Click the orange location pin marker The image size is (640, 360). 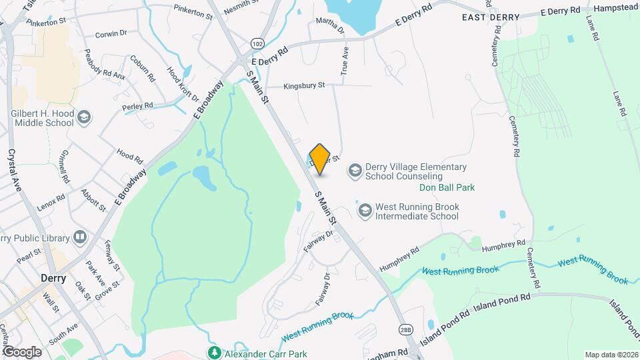(x=320, y=159)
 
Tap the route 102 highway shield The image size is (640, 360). (x=256, y=43)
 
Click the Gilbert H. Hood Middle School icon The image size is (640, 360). (x=84, y=119)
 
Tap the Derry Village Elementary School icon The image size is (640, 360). (x=355, y=171)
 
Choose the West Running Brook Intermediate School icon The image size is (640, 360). (x=365, y=211)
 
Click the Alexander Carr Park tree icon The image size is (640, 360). (x=214, y=352)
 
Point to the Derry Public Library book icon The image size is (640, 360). (x=80, y=238)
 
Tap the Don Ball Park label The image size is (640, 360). (x=447, y=188)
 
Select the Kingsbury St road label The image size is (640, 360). (x=303, y=85)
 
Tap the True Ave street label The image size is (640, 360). (x=345, y=60)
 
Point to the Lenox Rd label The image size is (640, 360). (x=51, y=202)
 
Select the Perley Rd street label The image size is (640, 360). (x=138, y=106)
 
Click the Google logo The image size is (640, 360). (x=22, y=351)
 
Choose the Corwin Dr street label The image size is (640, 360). (x=111, y=33)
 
